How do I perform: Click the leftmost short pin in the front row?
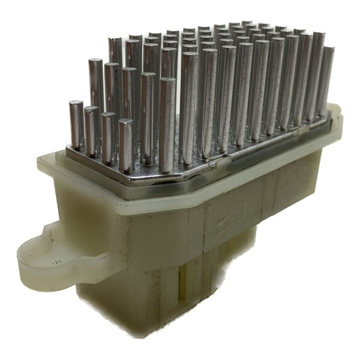click(77, 123)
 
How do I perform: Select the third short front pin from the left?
click(109, 137)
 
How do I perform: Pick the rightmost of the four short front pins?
click(126, 144)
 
